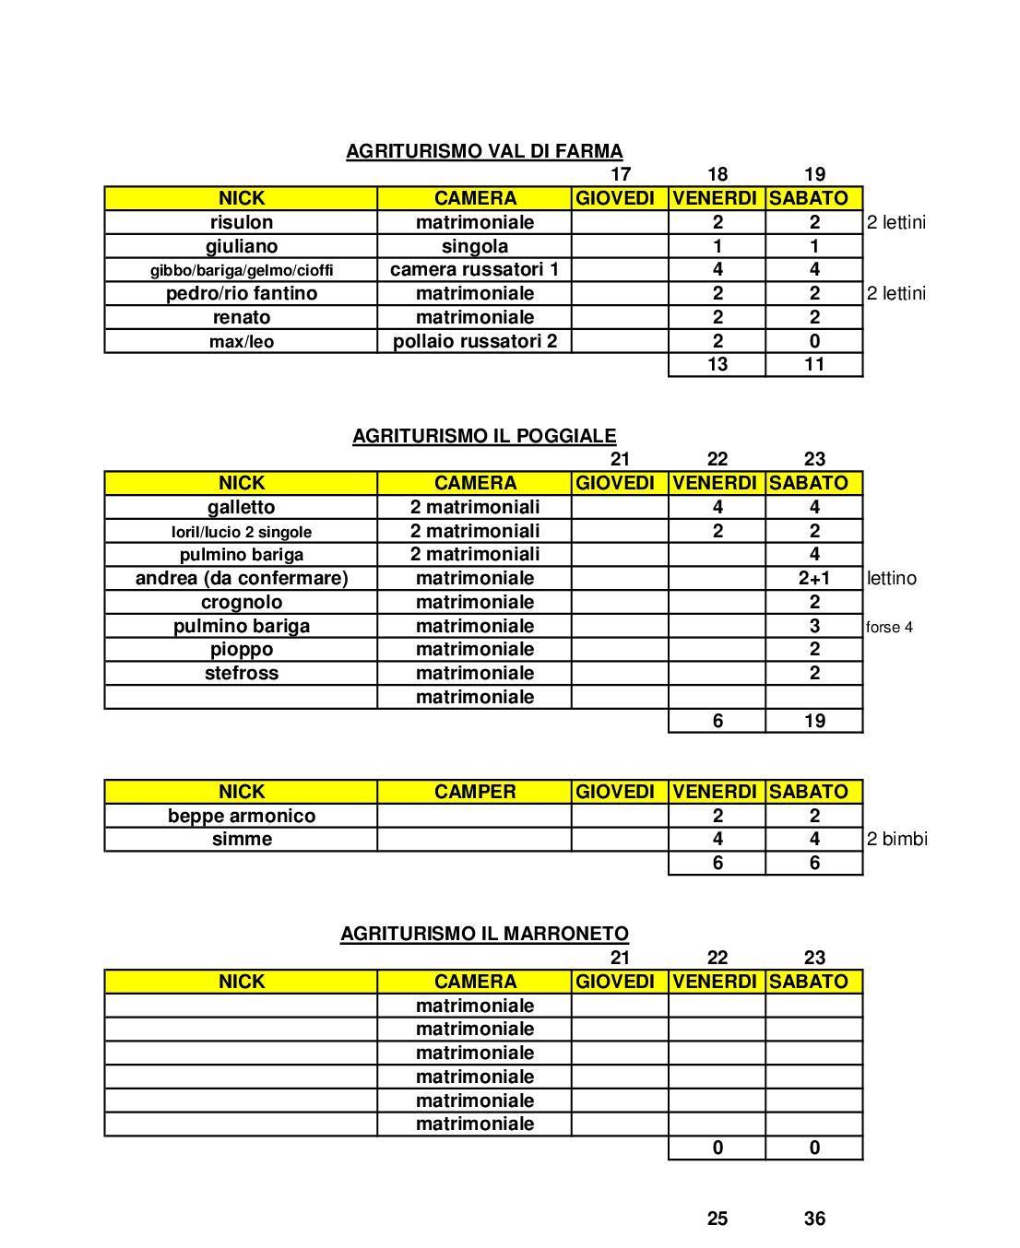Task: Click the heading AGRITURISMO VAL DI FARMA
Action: (484, 151)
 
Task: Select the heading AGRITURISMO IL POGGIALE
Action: (484, 436)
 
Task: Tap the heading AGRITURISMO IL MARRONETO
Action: (484, 934)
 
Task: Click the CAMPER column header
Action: (475, 792)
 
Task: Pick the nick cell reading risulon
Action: (242, 222)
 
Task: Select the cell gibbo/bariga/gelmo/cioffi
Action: (242, 270)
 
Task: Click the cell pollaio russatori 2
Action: (475, 341)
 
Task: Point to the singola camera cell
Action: (475, 246)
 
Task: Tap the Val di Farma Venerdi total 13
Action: (717, 364)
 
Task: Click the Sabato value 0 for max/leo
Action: (814, 341)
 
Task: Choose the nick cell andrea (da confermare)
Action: (242, 578)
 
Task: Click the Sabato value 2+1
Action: (814, 579)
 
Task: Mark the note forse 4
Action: (890, 627)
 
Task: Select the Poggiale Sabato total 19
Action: (814, 721)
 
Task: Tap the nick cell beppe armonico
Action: (242, 816)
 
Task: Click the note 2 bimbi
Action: (896, 839)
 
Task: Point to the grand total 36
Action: (814, 1219)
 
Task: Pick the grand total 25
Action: (717, 1219)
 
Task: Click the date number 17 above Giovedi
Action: (621, 174)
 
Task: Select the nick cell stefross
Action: (242, 673)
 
